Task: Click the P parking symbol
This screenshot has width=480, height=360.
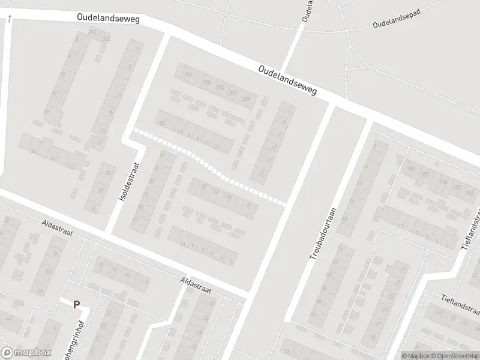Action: point(76,304)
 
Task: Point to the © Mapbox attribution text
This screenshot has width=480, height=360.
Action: point(416,356)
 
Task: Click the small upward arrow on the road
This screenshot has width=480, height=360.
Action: point(10,19)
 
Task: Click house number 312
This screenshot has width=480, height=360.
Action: point(106,39)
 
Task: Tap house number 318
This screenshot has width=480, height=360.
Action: point(92,31)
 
